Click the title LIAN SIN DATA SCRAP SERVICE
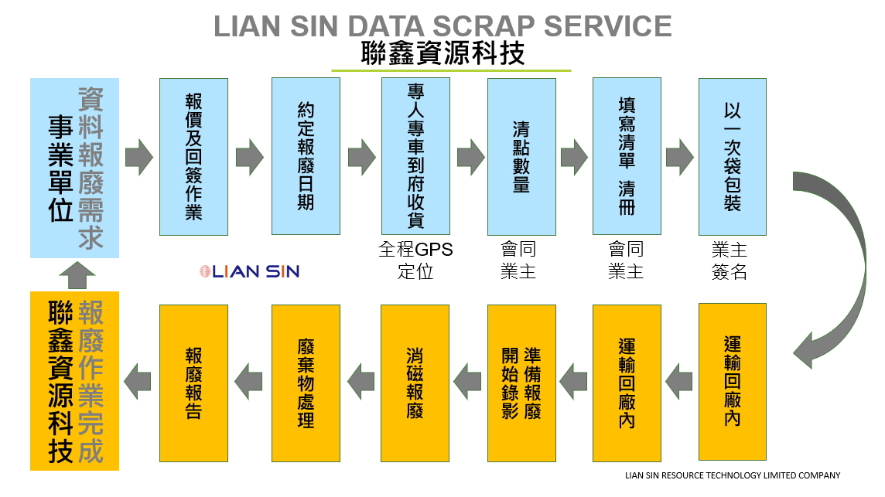coord(442,26)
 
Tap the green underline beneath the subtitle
coord(451,71)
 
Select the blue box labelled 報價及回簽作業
coord(193,156)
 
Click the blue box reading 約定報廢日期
coord(306,156)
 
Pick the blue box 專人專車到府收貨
coord(415,156)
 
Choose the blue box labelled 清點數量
coord(521,156)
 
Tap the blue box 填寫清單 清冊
coord(627,156)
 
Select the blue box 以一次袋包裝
coord(732,156)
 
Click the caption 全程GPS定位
coord(415,260)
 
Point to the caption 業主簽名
coord(729,260)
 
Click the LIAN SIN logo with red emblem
coord(249,271)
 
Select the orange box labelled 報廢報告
coord(193,382)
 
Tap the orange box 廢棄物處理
coord(306,382)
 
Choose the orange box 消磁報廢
coord(415,382)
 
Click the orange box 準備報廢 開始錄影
coord(521,382)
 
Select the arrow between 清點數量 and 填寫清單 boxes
coord(574,157)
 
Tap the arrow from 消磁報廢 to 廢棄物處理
coord(360,381)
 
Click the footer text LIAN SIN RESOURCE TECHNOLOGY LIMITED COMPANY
coord(732,475)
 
